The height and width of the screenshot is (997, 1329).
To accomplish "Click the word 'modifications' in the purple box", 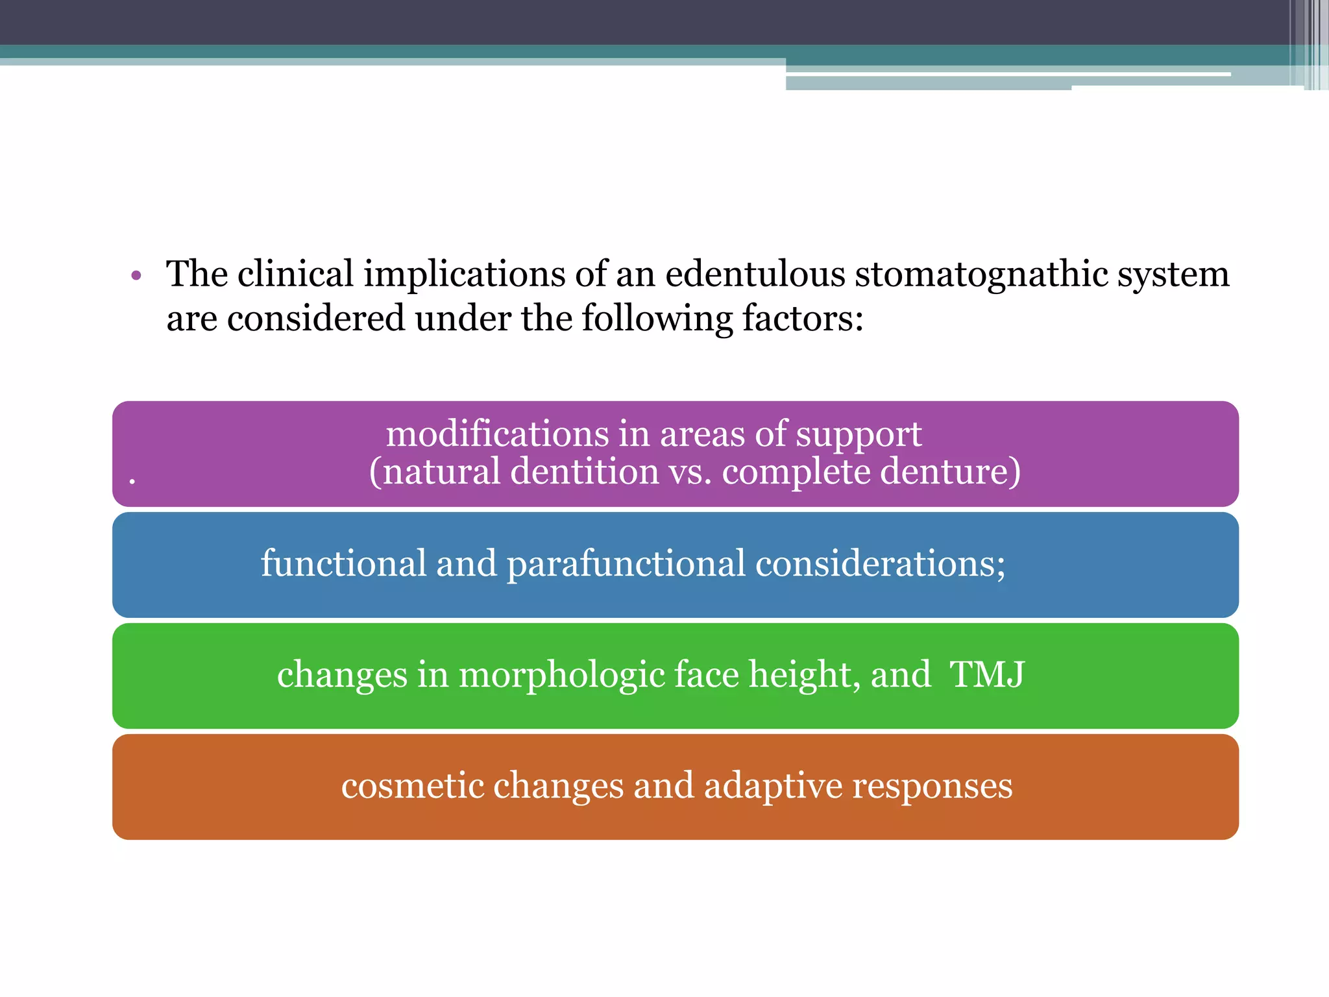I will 496,434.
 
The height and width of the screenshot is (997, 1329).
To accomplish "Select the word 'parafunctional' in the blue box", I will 626,563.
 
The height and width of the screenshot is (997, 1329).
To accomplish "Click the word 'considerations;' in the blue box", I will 880,563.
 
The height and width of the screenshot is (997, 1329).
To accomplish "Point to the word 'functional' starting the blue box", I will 343,563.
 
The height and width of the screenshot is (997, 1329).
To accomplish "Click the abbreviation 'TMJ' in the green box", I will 987,674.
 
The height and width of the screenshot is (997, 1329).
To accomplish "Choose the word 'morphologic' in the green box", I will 562,675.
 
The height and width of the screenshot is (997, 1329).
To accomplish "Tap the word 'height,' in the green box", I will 805,674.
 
